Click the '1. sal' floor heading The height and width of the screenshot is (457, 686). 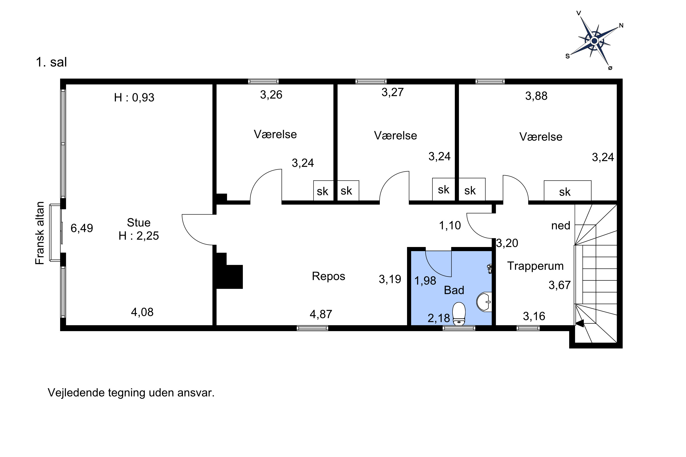51,62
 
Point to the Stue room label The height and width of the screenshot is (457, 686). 139,223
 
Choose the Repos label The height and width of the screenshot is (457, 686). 328,276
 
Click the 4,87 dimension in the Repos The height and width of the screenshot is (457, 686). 321,314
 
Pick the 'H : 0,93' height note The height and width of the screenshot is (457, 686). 134,97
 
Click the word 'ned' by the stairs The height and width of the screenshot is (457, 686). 561,226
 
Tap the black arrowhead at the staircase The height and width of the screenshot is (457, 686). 579,323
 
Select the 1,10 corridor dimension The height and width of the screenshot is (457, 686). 450,225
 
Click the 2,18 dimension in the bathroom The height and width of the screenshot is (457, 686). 439,318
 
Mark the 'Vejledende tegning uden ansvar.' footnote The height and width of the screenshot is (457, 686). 131,393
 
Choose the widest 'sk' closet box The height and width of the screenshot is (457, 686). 567,191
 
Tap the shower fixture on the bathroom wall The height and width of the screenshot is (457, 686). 490,268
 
